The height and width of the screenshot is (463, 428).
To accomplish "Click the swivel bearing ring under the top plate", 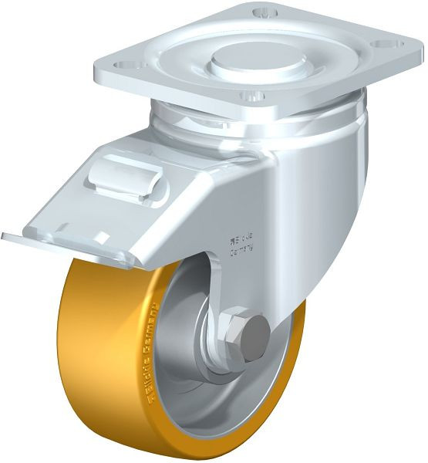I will pos(254,123).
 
